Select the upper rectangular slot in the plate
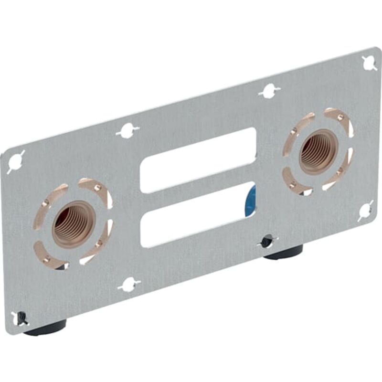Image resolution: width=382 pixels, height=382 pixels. pos(197,160)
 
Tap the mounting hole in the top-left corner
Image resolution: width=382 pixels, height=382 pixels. pos(16,161)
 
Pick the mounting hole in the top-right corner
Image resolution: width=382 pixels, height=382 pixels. pos(369,63)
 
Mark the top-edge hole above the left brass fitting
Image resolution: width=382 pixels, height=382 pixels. pos(127,130)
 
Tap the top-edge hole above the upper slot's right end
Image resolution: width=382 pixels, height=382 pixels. pos(270,91)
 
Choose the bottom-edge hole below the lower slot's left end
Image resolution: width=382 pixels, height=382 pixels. pos(129,285)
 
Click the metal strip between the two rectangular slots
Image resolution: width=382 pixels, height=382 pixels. pos(197,188)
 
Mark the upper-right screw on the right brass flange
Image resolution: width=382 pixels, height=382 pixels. pos(340,117)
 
